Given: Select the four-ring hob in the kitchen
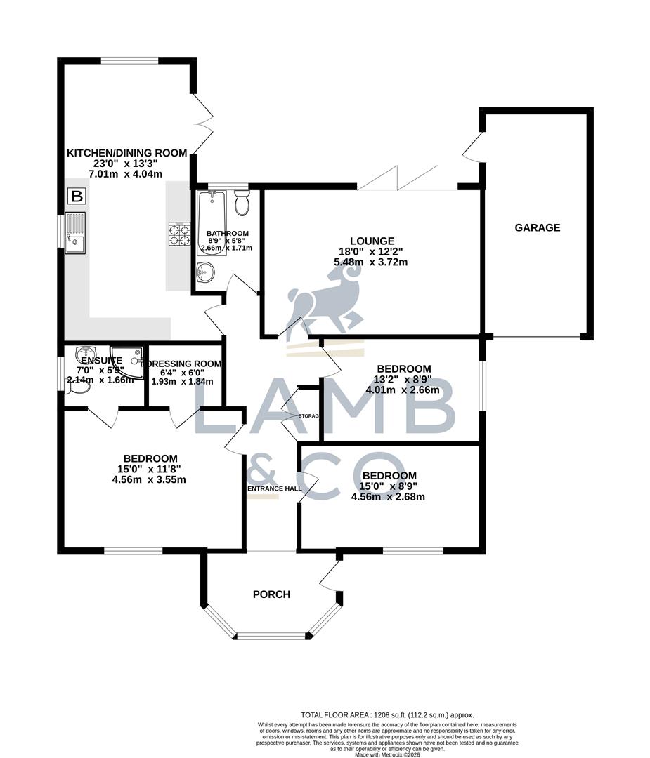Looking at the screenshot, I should click(178, 234).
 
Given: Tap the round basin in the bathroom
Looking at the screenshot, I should click(206, 270).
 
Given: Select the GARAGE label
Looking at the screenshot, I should click(538, 227).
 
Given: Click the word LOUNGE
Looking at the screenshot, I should click(370, 240).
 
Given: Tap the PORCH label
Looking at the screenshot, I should click(271, 594).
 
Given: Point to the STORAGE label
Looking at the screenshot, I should click(308, 416).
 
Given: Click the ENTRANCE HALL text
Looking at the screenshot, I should click(274, 488).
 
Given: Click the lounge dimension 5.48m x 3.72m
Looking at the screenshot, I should click(370, 262).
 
